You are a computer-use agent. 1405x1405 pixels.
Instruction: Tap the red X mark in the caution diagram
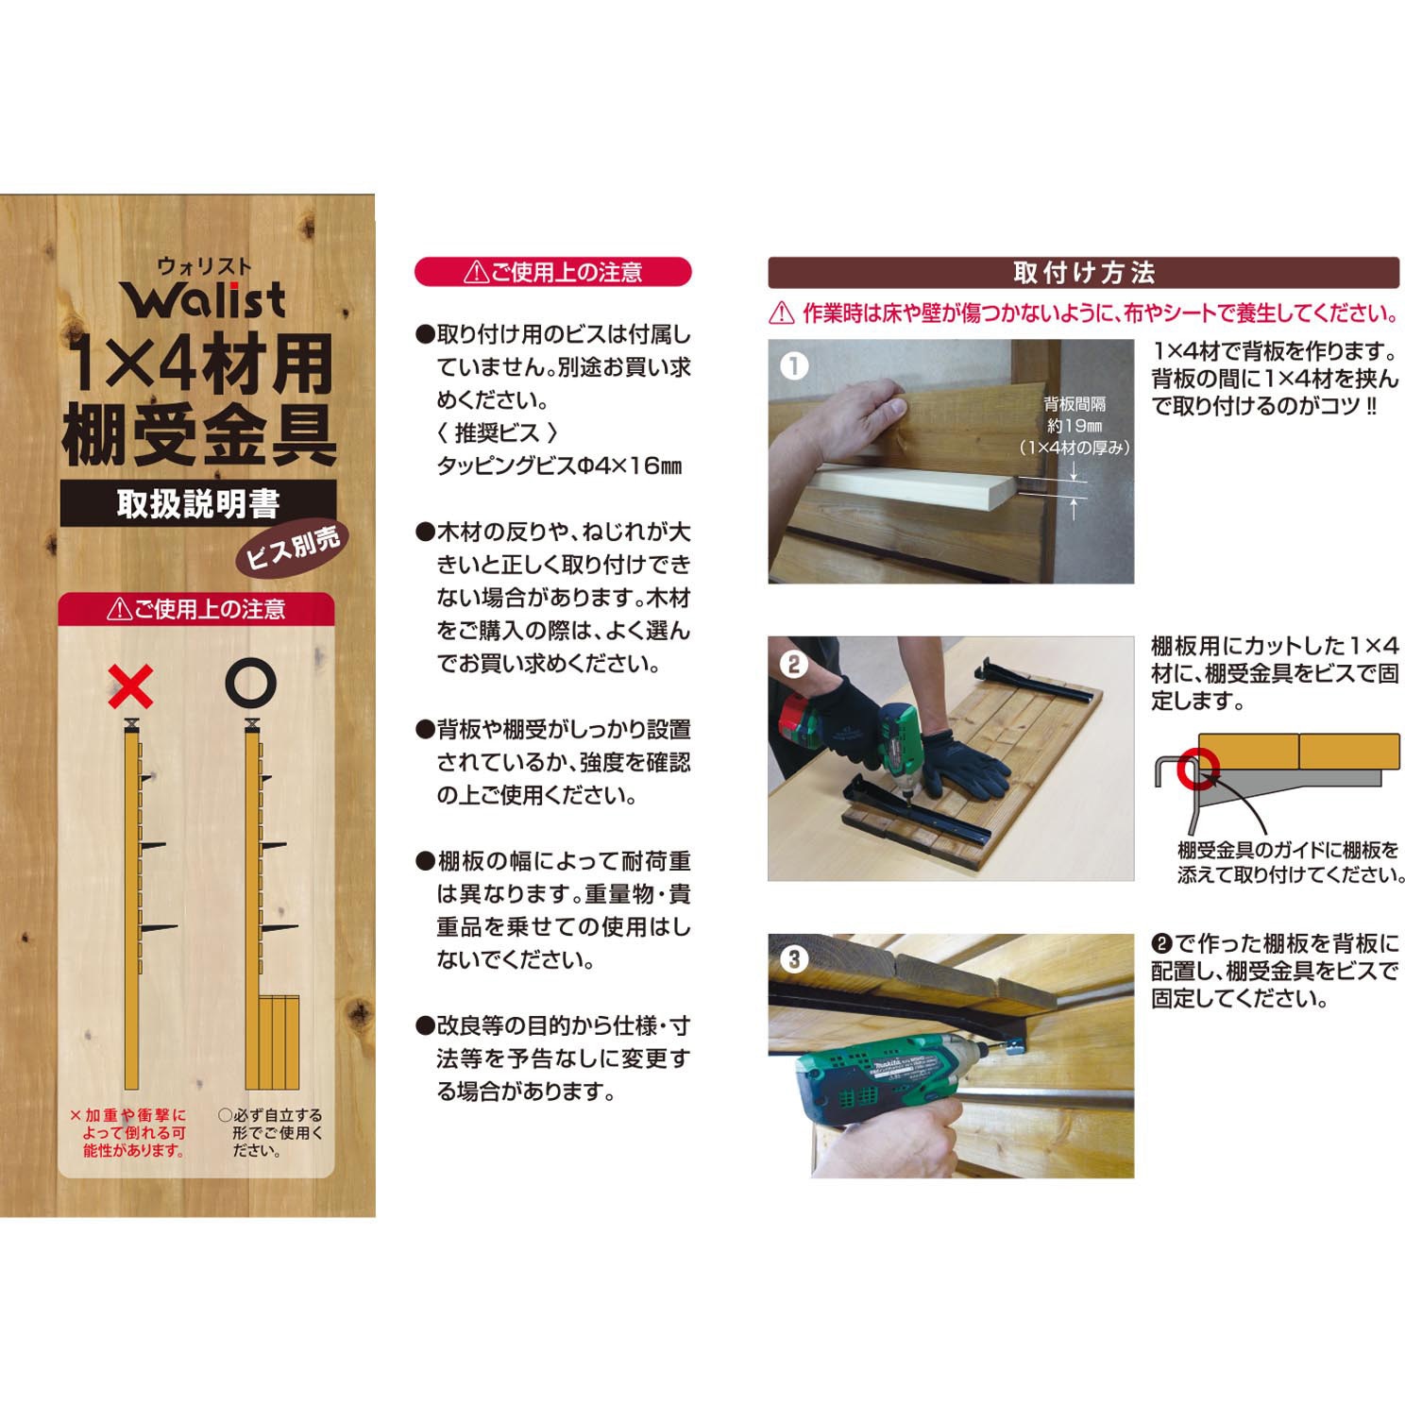point(131,686)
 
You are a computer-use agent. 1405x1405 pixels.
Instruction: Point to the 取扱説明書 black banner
point(198,503)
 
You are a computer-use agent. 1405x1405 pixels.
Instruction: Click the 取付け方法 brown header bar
point(1083,273)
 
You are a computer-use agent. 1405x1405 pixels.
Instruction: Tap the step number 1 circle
point(795,365)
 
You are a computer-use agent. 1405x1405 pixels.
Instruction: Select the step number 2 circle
point(795,664)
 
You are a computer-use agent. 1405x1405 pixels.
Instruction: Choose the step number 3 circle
point(795,960)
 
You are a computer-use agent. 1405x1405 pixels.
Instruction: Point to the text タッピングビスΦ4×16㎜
point(559,466)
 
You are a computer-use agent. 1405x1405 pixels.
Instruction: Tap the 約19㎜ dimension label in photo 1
point(1075,426)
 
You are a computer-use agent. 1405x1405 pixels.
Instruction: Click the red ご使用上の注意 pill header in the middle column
point(553,273)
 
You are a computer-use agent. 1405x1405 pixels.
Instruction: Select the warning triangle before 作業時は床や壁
point(781,313)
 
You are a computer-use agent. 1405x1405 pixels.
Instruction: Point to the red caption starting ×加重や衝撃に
point(128,1132)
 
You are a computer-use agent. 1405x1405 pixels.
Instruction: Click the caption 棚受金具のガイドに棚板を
point(1287,851)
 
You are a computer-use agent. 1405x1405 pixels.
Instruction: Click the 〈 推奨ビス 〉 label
point(499,433)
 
